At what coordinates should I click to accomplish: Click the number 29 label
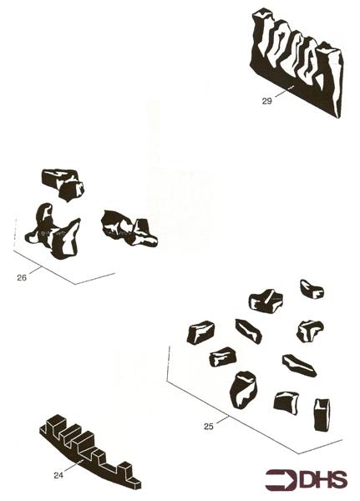point(266,101)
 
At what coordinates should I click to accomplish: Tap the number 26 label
point(22,278)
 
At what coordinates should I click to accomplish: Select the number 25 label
point(209,426)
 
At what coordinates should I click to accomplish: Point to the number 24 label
point(58,475)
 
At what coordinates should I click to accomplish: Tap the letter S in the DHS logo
point(339,479)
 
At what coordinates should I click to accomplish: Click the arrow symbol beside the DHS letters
point(281,479)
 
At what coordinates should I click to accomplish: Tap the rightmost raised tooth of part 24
point(125,469)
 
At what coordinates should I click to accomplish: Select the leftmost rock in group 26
point(53,231)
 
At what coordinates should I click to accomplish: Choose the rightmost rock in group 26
point(129,228)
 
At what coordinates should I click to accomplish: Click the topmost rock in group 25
point(312,289)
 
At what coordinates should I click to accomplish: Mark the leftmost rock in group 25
point(200,332)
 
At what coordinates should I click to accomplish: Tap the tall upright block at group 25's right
point(322,415)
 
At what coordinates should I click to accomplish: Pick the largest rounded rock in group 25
point(244,390)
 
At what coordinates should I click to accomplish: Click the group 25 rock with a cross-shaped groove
point(266,301)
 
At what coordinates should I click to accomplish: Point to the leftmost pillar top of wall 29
point(263,13)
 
